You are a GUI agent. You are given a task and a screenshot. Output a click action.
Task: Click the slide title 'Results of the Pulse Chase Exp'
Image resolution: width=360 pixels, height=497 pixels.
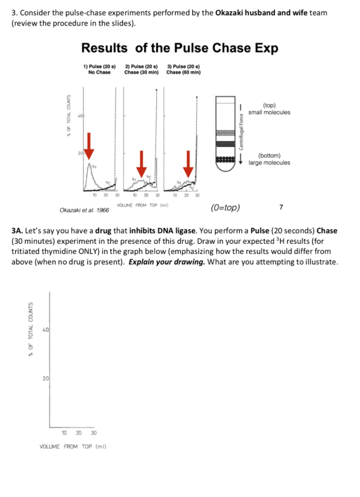click(180, 48)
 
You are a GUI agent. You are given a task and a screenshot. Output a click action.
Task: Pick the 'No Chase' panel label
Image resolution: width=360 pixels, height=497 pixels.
click(99, 72)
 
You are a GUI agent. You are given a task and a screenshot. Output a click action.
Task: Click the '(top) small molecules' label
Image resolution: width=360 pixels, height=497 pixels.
click(270, 109)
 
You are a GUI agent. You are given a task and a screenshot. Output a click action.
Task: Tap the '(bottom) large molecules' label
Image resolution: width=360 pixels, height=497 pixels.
click(270, 159)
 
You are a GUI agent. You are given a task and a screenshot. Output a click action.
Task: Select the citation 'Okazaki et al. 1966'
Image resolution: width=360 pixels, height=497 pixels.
click(84, 210)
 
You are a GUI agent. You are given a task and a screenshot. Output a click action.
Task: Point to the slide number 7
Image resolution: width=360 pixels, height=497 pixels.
click(281, 207)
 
